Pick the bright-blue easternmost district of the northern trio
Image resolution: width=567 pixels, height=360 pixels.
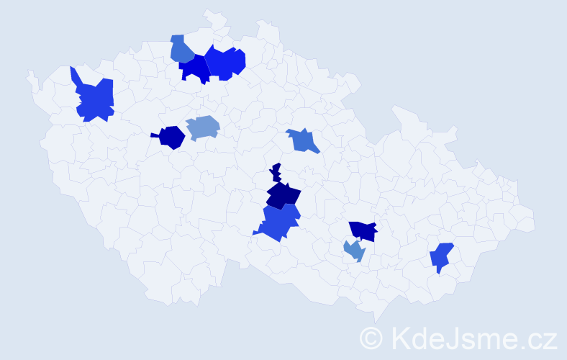[x=224, y=62]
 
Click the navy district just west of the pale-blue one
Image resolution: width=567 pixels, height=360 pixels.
[x=171, y=137]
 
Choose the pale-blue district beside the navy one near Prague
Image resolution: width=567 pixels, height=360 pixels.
[x=203, y=127]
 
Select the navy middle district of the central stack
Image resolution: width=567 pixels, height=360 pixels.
[x=283, y=195]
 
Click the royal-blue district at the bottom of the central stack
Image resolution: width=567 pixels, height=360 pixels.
[x=279, y=222]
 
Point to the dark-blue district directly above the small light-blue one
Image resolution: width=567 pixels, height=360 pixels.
[x=363, y=230]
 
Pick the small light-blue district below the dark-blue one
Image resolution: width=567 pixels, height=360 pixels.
[x=354, y=251]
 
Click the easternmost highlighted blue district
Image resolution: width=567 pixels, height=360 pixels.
[x=441, y=257]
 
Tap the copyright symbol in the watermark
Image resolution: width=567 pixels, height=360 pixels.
[x=371, y=337]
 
